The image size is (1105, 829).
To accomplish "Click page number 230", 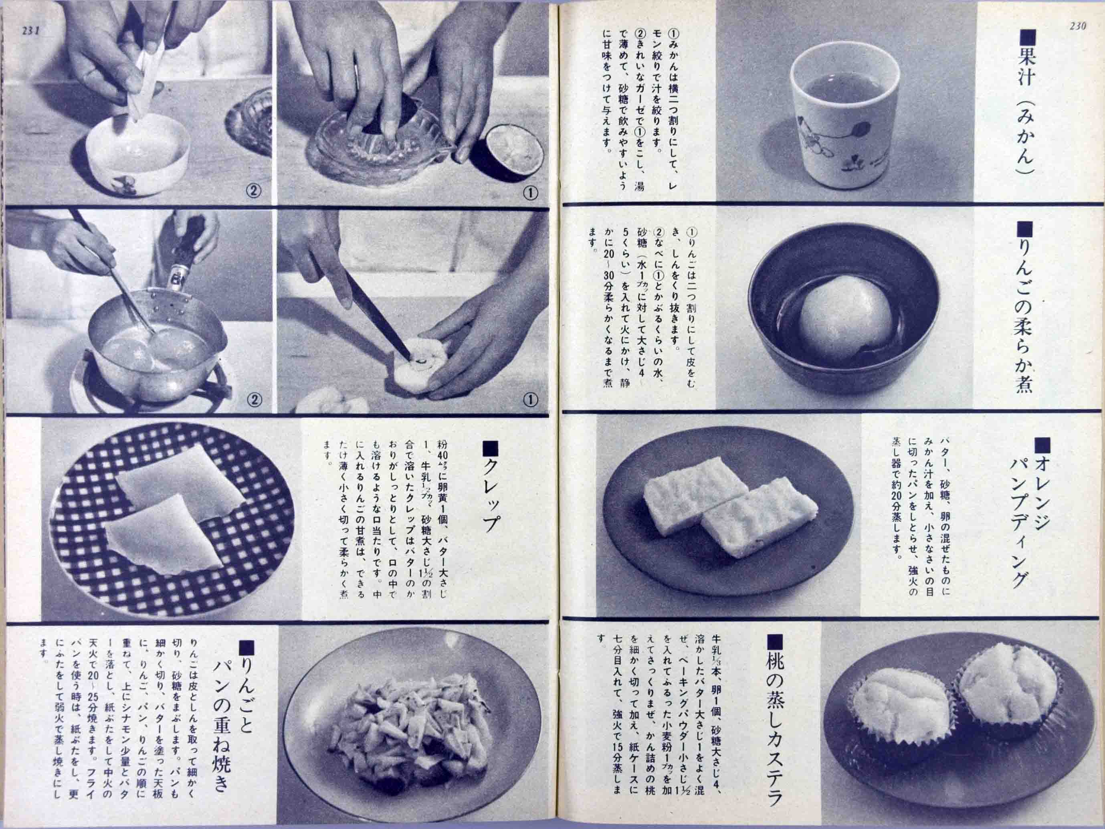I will point(1077,26).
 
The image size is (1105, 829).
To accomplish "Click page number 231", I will point(30,30).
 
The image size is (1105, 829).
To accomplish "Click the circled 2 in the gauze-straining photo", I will point(254,190).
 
